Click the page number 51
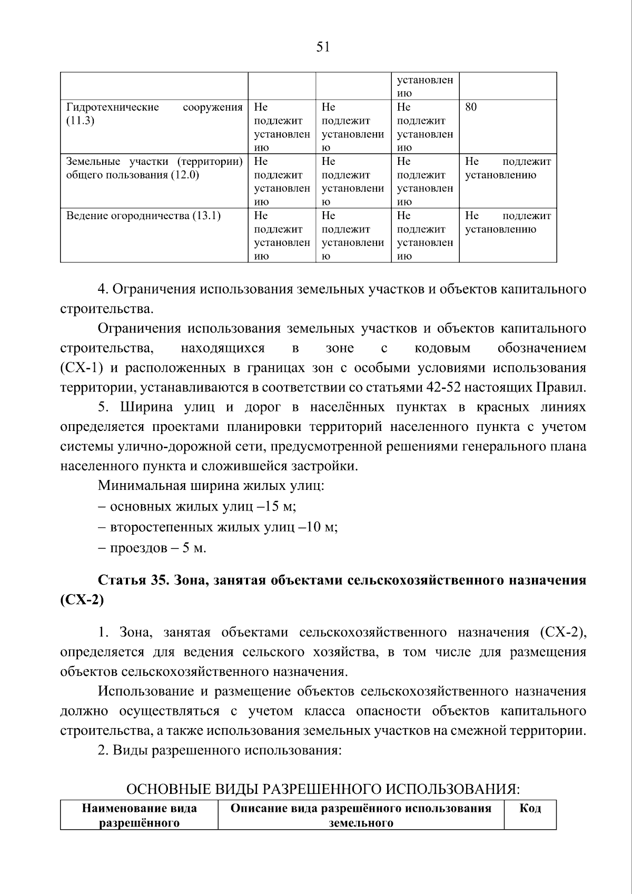point(322,47)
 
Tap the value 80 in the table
point(471,107)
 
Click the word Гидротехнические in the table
point(112,107)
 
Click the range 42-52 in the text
point(444,388)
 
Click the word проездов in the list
point(139,548)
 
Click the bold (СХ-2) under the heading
point(82,600)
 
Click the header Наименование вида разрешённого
point(140,815)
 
